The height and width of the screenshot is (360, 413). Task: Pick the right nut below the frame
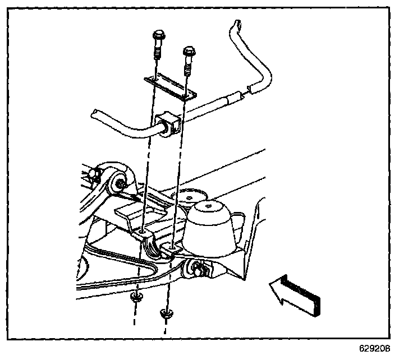pyautogui.click(x=165, y=313)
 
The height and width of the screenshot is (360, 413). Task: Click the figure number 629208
pyautogui.click(x=374, y=348)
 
